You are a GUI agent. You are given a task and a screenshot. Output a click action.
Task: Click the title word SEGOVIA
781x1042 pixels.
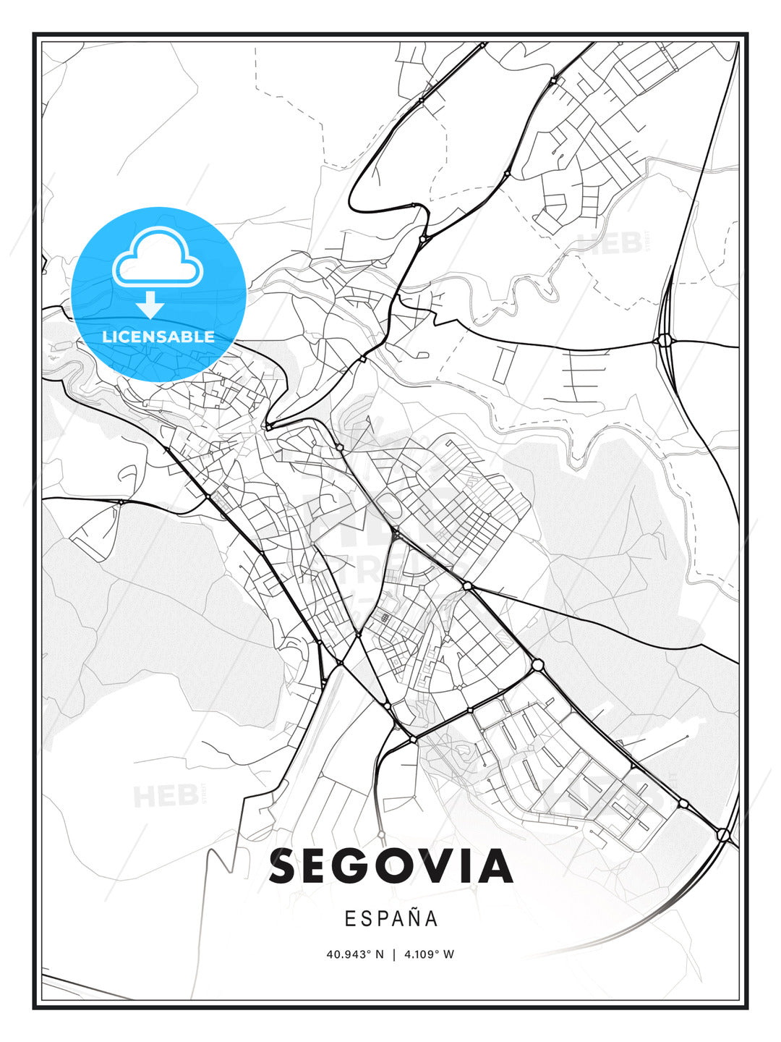(x=390, y=866)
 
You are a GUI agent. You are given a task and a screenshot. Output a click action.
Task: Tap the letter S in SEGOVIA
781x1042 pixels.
(x=286, y=866)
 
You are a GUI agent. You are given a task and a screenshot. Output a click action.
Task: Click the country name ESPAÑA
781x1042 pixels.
(x=390, y=918)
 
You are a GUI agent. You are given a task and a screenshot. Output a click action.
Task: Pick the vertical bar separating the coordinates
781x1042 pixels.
(x=394, y=954)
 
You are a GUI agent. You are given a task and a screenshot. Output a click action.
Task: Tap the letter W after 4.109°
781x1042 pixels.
(x=449, y=954)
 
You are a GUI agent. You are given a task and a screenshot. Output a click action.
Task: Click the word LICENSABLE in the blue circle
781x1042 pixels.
(x=158, y=336)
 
